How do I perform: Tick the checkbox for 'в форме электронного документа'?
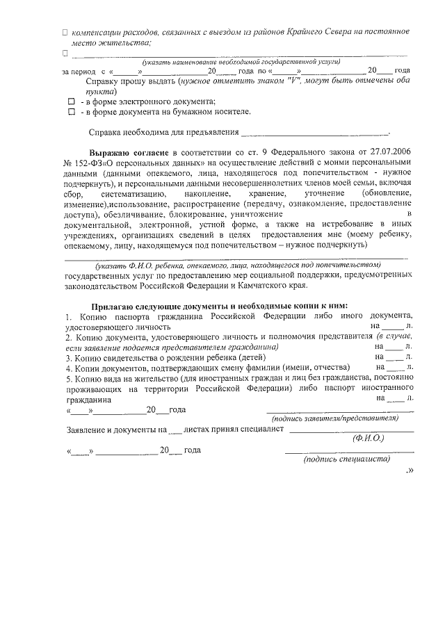point(70,101)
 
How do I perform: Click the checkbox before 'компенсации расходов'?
point(65,33)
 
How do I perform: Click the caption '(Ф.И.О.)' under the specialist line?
point(368,439)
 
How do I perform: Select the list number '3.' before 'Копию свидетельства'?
point(69,357)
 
